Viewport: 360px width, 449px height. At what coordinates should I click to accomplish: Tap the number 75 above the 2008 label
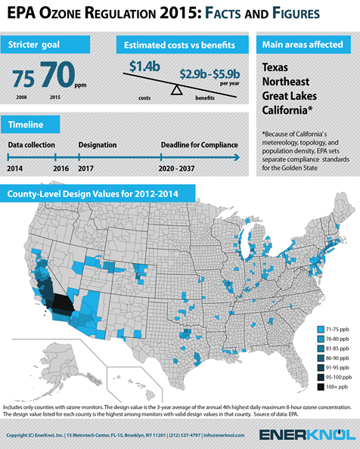tap(24, 78)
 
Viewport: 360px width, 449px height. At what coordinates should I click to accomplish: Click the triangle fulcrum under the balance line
tap(176, 90)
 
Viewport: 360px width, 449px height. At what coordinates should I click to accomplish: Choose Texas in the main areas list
tap(278, 67)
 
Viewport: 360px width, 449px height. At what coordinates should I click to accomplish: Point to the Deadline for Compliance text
tap(197, 144)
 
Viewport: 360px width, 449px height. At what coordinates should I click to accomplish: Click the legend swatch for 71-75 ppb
tap(322, 330)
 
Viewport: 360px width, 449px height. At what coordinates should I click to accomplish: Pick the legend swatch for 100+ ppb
tap(322, 386)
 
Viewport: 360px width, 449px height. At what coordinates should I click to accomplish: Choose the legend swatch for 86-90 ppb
tap(322, 358)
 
